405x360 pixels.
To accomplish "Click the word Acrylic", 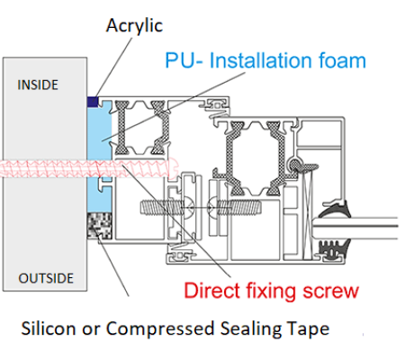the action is point(134,26).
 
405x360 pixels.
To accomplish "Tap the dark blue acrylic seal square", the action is point(93,102).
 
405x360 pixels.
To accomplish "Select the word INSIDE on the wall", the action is point(38,85).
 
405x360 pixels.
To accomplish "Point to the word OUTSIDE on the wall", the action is point(46,278).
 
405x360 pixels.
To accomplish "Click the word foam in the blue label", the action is point(342,60).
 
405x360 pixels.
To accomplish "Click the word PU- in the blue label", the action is point(184,60).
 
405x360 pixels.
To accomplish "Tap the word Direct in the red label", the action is point(211,291).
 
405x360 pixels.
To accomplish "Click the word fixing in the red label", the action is point(271,292).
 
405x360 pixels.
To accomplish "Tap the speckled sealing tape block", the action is point(100,226).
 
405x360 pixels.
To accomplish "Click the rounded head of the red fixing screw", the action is point(174,167).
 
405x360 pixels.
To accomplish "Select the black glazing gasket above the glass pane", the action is point(335,210).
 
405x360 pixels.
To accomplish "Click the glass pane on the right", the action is point(355,229).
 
